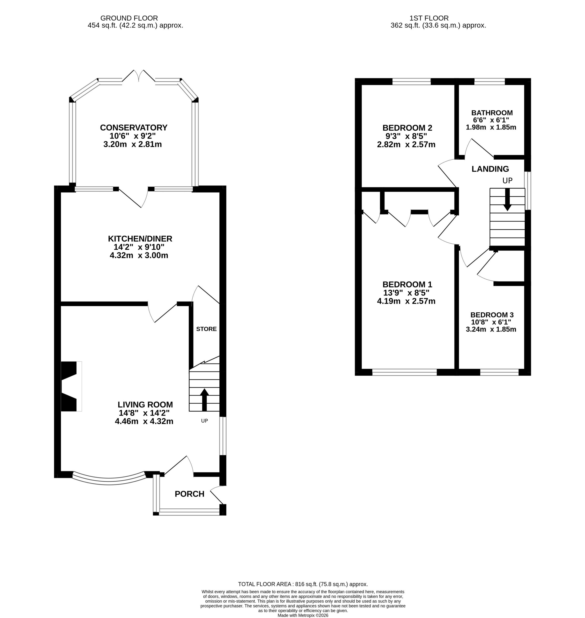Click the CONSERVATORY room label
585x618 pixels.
click(x=134, y=127)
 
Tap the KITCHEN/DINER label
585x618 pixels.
click(x=140, y=239)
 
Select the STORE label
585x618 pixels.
click(x=207, y=329)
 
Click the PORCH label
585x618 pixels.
click(x=189, y=494)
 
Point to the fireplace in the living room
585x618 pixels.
click(x=71, y=386)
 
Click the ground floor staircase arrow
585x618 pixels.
click(x=204, y=400)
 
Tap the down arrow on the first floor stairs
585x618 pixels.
click(x=507, y=199)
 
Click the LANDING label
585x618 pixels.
click(x=490, y=169)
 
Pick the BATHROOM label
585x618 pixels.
click(x=492, y=113)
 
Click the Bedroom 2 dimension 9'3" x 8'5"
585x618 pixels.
click(x=406, y=136)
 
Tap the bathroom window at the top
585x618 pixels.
click(x=489, y=82)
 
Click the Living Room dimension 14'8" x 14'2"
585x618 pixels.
click(x=144, y=413)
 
